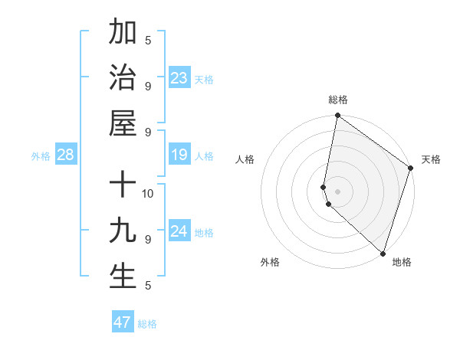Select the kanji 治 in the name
(123, 77)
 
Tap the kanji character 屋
(123, 123)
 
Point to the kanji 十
(123, 185)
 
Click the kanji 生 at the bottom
(123, 277)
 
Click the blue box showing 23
(179, 78)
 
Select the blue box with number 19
(179, 155)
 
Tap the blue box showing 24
(179, 231)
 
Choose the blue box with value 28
(66, 155)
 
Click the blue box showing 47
(123, 322)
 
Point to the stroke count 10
(149, 193)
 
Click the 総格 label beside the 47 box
(147, 324)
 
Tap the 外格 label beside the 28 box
(41, 156)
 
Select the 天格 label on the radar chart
(431, 159)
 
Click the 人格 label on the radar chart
(245, 159)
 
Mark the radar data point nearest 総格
(337, 116)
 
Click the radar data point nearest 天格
(410, 169)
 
